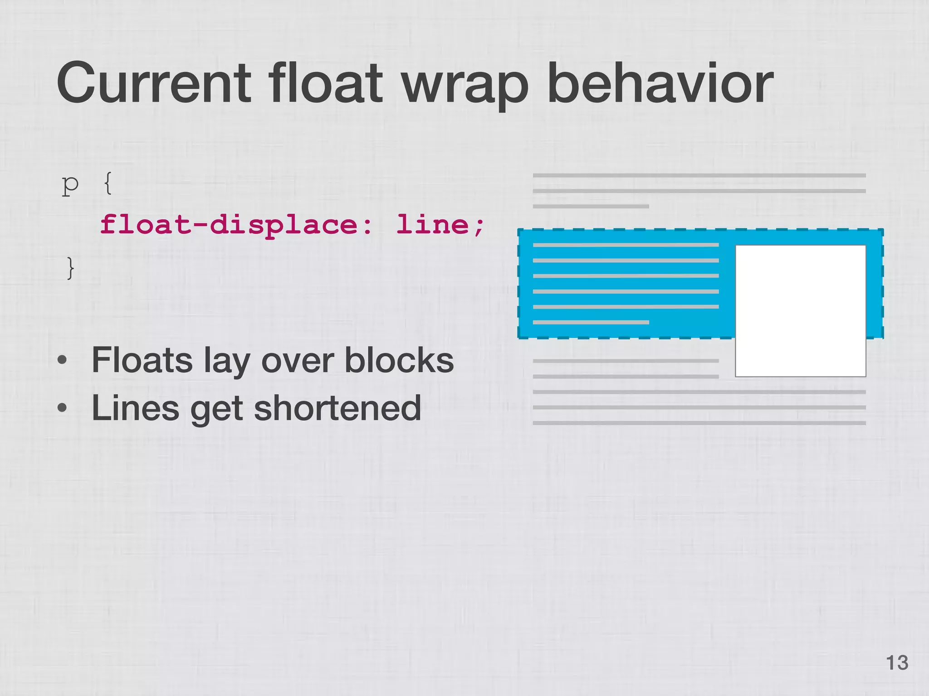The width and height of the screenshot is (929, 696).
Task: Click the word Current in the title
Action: tap(153, 84)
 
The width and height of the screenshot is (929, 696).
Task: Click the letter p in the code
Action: tap(70, 185)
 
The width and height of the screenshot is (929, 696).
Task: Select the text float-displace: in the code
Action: tap(236, 225)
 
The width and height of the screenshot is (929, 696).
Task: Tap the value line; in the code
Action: tap(440, 225)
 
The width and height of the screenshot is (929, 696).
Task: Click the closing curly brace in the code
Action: tap(70, 268)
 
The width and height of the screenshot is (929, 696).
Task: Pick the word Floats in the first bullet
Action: tap(142, 360)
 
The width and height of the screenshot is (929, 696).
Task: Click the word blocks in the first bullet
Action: tap(399, 360)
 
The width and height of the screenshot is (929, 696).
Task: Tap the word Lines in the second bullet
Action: tap(135, 408)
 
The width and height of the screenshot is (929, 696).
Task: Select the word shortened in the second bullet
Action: tap(337, 408)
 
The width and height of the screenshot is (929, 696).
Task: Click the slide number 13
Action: tap(897, 663)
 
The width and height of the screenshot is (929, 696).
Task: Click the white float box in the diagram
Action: tap(800, 310)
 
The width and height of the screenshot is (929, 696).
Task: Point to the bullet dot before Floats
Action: tap(63, 361)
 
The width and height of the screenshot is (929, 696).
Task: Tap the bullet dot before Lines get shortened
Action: tap(63, 408)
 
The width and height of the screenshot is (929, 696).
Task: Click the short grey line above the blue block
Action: tap(591, 206)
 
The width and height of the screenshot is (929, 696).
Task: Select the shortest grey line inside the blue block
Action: tap(591, 322)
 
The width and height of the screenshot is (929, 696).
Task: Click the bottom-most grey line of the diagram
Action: tap(699, 423)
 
